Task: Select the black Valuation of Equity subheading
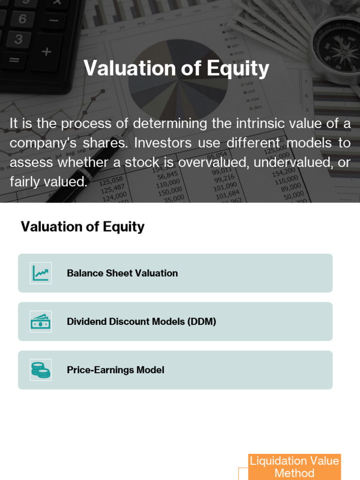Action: pos(82,227)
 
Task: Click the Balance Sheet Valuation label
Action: pos(122,273)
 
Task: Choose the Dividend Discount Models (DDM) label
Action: pos(142,322)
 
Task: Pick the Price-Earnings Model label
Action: pos(116,370)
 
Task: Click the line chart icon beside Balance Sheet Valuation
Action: pos(41,273)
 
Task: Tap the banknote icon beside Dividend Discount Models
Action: pos(41,322)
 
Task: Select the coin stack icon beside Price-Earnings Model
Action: pos(41,370)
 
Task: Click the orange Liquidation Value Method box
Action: pos(294,467)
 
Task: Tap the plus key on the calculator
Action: pos(46,52)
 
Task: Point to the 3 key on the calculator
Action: pos(18,40)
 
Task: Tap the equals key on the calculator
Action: pos(14,60)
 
